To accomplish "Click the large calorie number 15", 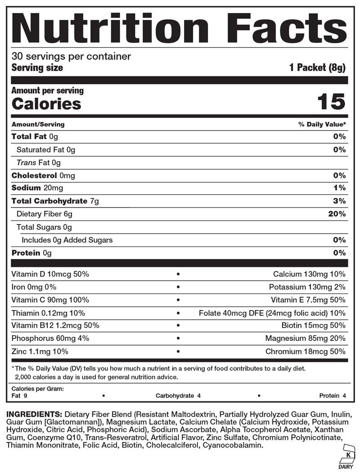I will click(331, 102).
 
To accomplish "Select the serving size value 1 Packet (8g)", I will click(317, 68).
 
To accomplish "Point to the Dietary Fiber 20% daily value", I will click(337, 214).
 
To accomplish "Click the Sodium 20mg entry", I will click(37, 188).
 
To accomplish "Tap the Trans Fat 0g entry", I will click(38, 162).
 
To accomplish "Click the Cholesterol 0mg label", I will click(43, 175).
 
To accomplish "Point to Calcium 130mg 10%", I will click(309, 274).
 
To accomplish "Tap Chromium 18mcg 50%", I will click(306, 352).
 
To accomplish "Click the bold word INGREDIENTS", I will click(34, 414).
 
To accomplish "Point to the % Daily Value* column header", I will click(322, 124).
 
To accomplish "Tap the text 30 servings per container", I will click(71, 57).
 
